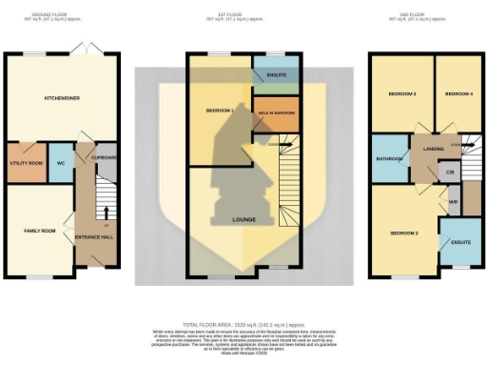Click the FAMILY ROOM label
click(x=39, y=231)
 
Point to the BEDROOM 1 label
click(x=220, y=112)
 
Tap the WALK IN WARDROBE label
click(x=277, y=112)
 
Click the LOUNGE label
click(x=244, y=219)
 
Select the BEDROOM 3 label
click(x=401, y=94)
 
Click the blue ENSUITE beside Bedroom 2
click(x=458, y=242)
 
